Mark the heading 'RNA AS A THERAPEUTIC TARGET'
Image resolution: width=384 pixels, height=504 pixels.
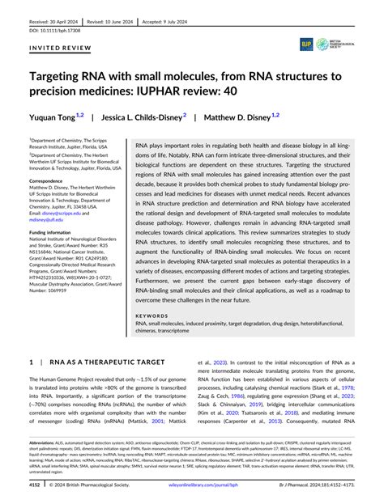[x=108, y=362]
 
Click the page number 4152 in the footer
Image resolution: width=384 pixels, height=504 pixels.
[x=36, y=486]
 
